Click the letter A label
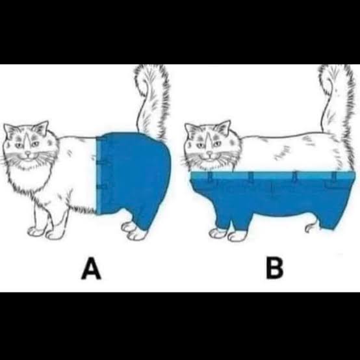tap(91, 268)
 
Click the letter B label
tap(275, 268)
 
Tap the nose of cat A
tap(28, 153)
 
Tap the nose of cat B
tap(209, 153)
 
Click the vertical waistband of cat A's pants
tap(99, 175)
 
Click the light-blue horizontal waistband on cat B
tap(272, 175)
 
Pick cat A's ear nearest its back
tap(42, 128)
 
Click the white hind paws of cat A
tap(135, 231)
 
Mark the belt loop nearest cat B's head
tap(210, 176)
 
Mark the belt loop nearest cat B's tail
tap(334, 176)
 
